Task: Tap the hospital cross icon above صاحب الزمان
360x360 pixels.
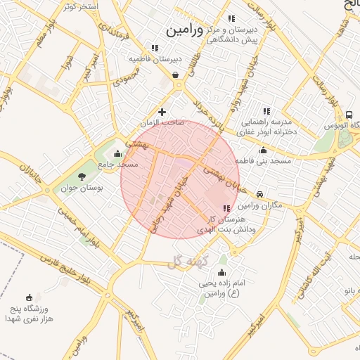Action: [162, 112]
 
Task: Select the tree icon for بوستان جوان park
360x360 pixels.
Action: [82, 176]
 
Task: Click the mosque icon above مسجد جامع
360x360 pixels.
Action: [117, 154]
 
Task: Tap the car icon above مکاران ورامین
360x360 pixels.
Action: [260, 194]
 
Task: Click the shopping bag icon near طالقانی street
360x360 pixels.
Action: [174, 74]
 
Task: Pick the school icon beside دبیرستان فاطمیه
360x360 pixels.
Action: [155, 48]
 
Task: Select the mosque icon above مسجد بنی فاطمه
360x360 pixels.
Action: [263, 150]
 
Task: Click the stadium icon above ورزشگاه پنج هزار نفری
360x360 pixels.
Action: [29, 297]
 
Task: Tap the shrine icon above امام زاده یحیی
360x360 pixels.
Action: [222, 272]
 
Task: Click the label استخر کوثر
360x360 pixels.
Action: [79, 6]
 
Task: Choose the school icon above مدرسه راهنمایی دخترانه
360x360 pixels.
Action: [266, 110]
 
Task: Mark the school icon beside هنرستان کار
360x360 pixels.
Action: [226, 208]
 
